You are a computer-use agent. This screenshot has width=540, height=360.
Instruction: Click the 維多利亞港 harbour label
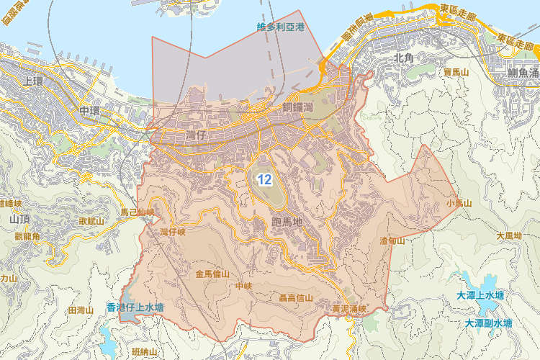click(x=281, y=27)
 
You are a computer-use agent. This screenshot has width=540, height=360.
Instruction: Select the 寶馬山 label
click(x=456, y=73)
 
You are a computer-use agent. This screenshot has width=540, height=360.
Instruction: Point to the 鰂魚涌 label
click(x=523, y=73)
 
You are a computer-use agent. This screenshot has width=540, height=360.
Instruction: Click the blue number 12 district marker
click(x=264, y=179)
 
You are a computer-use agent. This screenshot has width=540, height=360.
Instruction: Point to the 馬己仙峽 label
click(x=137, y=212)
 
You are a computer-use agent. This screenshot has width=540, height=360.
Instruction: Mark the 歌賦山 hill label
click(x=91, y=221)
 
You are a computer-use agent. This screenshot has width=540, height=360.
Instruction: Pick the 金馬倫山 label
click(x=212, y=274)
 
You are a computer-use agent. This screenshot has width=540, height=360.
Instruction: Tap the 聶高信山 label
click(x=295, y=297)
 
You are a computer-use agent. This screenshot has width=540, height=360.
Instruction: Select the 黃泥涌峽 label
click(x=349, y=309)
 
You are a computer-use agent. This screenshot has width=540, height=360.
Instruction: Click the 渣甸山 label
click(x=392, y=240)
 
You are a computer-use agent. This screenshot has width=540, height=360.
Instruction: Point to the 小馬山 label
click(x=459, y=204)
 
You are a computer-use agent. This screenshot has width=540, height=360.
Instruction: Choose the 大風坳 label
click(x=508, y=235)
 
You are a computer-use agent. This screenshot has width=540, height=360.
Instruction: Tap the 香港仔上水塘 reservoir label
click(x=135, y=307)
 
